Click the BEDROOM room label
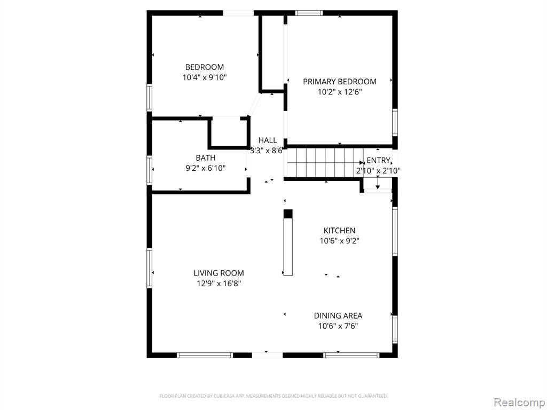click(x=205, y=67)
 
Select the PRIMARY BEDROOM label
click(x=339, y=82)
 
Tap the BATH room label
click(x=206, y=158)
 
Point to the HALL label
click(x=268, y=140)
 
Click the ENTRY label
click(x=378, y=160)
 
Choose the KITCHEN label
click(x=339, y=231)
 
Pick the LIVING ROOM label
click(x=218, y=273)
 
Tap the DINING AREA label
click(x=338, y=316)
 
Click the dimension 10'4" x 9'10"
click(x=205, y=77)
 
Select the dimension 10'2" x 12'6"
click(x=339, y=92)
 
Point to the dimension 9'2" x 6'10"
click(x=206, y=168)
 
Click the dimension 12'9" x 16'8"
click(x=218, y=283)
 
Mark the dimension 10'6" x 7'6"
click(x=338, y=326)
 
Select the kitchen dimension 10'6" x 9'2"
click(x=339, y=241)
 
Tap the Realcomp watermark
click(x=519, y=402)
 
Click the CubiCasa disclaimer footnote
click(x=273, y=396)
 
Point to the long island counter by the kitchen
click(x=288, y=243)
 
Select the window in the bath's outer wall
click(x=150, y=170)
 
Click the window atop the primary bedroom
click(x=309, y=13)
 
